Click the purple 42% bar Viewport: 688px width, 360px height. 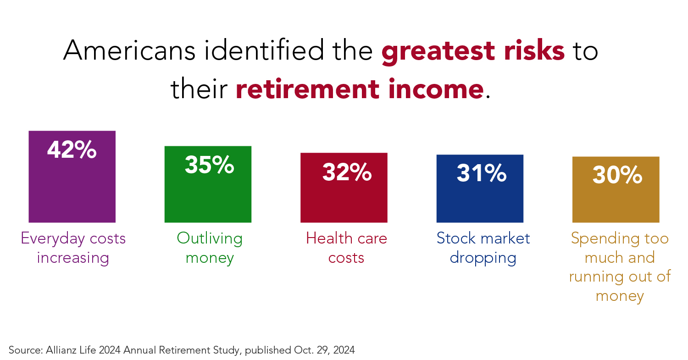coord(72,177)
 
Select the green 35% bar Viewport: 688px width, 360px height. coord(208,184)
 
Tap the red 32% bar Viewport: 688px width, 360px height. coord(344,188)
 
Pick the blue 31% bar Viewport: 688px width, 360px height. coord(480,188)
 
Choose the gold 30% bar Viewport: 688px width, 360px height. coord(616,189)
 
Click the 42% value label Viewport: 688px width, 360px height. coord(72,150)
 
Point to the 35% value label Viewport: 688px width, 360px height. coord(210,165)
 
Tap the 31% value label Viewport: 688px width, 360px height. coord(482,173)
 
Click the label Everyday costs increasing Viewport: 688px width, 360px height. coord(73,248)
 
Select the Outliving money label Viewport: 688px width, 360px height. coord(210,248)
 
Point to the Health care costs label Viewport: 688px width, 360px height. coord(346,248)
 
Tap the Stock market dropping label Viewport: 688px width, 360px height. coord(483,248)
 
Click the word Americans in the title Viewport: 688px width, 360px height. coord(129,50)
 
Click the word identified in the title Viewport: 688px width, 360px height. coord(264,50)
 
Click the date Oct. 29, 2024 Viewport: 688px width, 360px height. coord(324,350)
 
